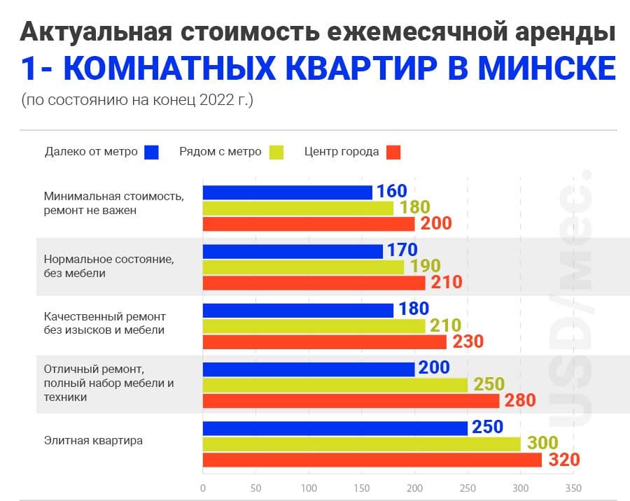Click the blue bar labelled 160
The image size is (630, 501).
click(x=287, y=192)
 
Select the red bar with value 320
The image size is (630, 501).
click(x=372, y=460)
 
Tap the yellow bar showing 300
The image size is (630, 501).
click(x=362, y=444)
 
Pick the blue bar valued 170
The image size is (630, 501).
click(x=293, y=251)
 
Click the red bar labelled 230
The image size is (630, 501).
click(x=325, y=342)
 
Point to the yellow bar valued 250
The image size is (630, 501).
click(x=335, y=385)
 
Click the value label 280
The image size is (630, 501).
click(x=520, y=400)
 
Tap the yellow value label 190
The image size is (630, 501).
click(x=426, y=266)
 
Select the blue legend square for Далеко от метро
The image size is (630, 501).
click(x=151, y=153)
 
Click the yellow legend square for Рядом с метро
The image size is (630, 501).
click(x=276, y=153)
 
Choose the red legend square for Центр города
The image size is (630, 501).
click(x=393, y=153)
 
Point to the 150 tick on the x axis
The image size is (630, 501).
click(x=362, y=488)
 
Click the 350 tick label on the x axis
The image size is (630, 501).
click(x=573, y=488)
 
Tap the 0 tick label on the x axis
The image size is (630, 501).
click(x=203, y=488)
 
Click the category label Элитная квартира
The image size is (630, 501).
click(x=93, y=440)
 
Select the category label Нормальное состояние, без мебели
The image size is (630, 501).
click(x=109, y=266)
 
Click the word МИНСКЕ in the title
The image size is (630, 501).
click(x=547, y=68)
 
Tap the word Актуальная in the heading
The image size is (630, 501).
click(x=97, y=32)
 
